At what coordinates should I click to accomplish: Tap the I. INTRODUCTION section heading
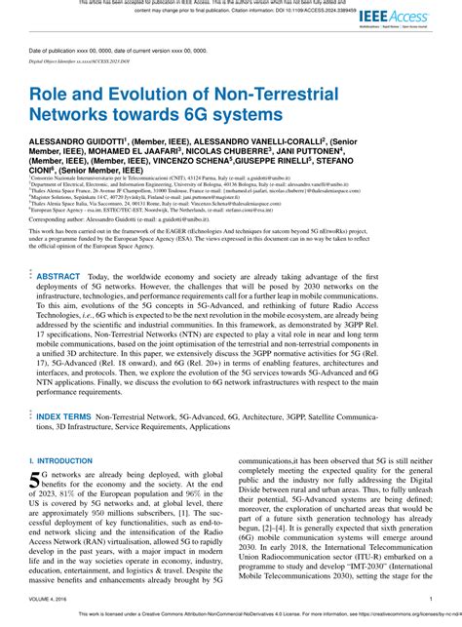tap(61, 459)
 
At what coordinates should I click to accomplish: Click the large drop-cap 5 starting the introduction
tap(35, 479)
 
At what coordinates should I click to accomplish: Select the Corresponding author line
tap(136, 220)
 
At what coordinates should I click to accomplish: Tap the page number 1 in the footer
tap(431, 600)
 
